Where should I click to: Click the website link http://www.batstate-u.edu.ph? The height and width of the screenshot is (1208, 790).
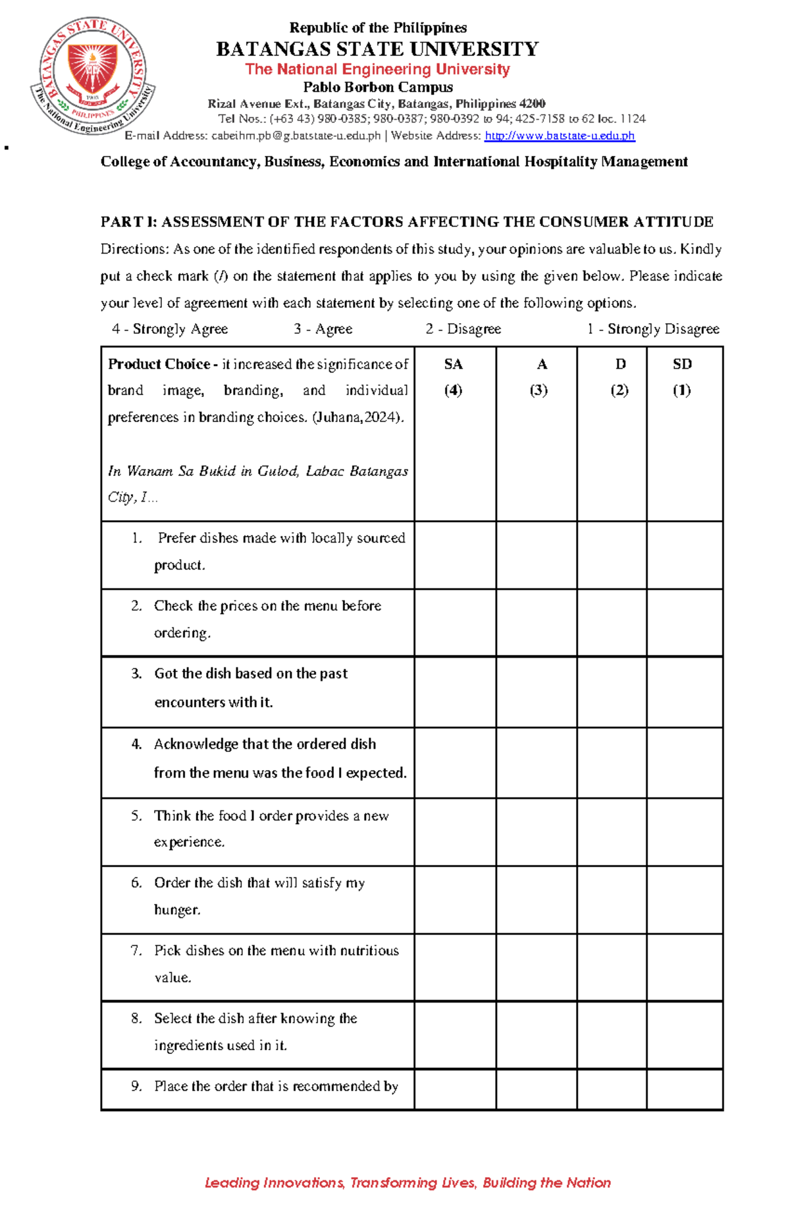pos(560,136)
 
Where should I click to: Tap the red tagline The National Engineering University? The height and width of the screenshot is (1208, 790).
pos(377,69)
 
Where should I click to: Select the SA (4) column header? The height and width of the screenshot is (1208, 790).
pos(454,377)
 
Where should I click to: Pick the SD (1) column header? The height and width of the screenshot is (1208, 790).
pos(682,377)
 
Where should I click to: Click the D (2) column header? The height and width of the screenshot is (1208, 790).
pos(619,377)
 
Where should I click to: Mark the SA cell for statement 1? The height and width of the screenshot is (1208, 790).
pos(455,555)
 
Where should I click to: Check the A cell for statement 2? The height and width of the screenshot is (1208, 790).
pos(537,623)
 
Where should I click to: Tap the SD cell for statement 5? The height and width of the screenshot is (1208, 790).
pos(685,831)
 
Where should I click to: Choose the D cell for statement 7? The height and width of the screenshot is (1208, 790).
pos(612,967)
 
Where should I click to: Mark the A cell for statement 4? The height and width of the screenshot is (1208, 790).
pos(537,762)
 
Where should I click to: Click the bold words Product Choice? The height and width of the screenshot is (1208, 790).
pos(159,364)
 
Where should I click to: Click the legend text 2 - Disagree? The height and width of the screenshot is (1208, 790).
pos(463,328)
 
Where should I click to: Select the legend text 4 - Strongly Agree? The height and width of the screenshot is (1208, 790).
pos(170,328)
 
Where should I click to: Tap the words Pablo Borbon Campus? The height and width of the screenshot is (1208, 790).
pos(377,87)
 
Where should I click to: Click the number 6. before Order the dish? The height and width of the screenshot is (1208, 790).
pos(136,883)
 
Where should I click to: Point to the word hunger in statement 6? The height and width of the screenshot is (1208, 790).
pos(176,910)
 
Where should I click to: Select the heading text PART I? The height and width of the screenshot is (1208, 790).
pos(128,222)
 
